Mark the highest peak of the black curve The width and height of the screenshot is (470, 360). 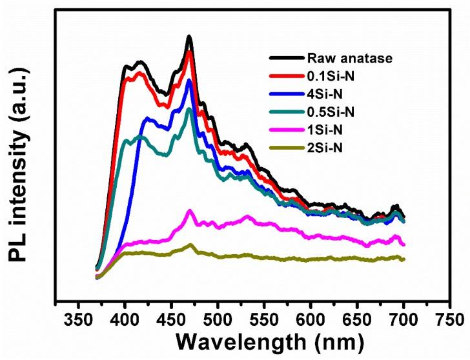[189, 37]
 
